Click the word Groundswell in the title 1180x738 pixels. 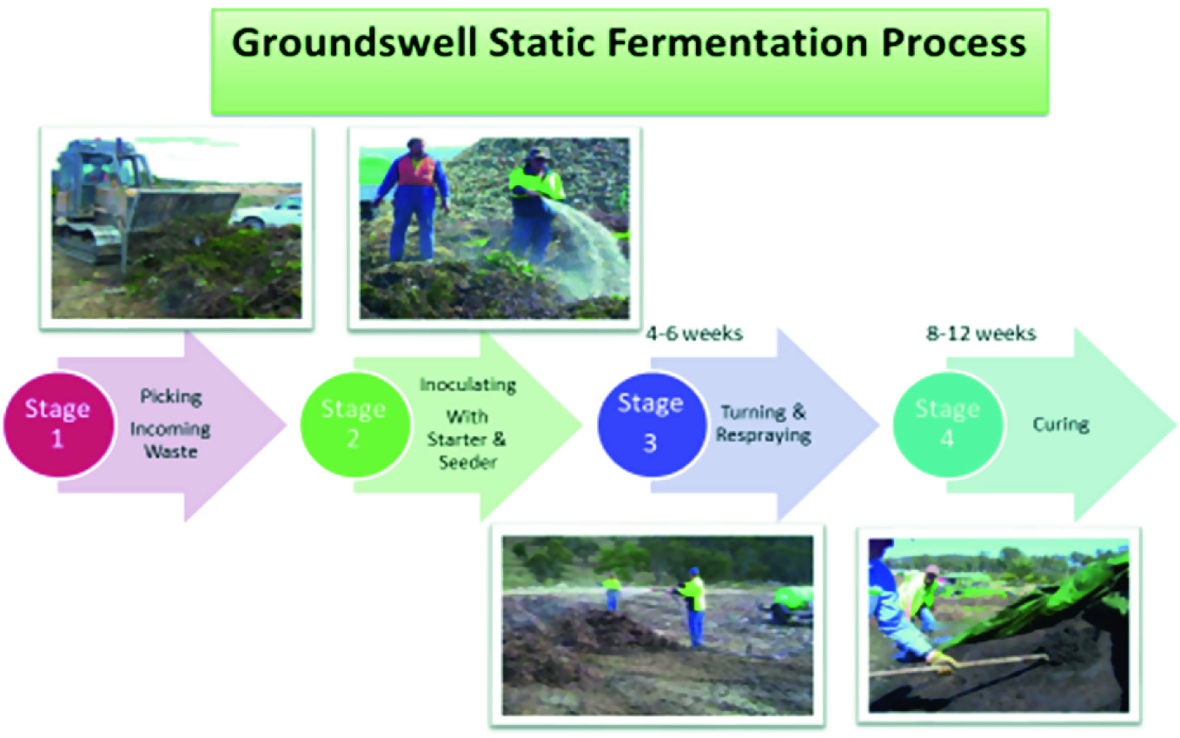pos(355,43)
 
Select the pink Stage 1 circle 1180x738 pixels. pos(58,425)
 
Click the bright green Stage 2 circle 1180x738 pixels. pos(355,425)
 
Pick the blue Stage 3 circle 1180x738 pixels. pos(652,425)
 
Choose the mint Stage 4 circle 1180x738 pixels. pos(948,425)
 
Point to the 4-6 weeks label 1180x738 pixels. pos(694,334)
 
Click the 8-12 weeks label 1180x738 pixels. pos(981,334)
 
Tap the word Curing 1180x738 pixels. pos(1060,424)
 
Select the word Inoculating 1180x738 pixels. pos(467,385)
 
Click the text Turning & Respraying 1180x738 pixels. pos(763,423)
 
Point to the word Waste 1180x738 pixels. pos(170,452)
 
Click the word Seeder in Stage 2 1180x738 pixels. pos(467,462)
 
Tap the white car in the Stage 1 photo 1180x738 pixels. pos(269,212)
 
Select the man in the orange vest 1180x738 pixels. pos(413,199)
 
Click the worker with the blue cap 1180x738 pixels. pos(693,606)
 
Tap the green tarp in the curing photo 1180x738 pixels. pos(1048,601)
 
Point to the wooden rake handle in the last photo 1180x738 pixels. pos(958,665)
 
